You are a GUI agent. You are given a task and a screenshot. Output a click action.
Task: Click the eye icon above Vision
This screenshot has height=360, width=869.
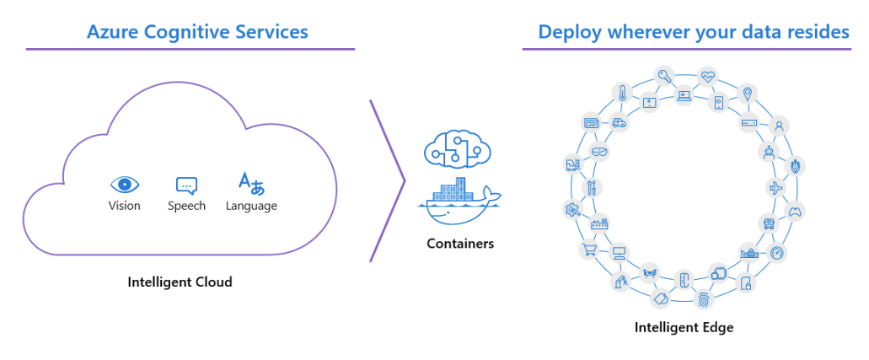coord(125,185)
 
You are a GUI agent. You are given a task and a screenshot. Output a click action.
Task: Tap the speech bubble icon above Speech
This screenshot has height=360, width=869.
coord(186,185)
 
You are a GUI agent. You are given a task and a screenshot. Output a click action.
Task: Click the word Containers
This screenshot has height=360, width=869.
coord(459,244)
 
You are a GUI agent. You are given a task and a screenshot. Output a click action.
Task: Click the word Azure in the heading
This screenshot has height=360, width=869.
coord(115,33)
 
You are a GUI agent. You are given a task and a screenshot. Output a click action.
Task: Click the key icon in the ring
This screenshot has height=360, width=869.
coord(665,76)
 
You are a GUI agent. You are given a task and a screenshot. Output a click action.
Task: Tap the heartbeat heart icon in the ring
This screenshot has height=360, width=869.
coord(707,76)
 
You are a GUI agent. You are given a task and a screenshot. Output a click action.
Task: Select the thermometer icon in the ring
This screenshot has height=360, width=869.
coord(622,92)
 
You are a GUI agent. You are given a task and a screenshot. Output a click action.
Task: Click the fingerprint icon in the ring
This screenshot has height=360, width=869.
coord(702,298)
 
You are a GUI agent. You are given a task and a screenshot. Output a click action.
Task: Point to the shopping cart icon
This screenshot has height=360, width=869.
coord(587,250)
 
